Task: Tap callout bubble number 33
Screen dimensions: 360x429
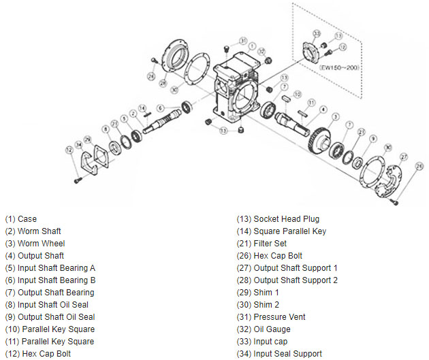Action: pos(317,33)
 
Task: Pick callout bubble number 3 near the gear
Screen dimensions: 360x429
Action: pos(336,116)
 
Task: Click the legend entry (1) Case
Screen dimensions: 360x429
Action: pos(21,219)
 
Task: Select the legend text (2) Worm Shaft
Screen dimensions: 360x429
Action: pos(33,231)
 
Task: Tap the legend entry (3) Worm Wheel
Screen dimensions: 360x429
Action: pos(35,244)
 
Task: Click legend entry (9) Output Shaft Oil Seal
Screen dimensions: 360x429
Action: pos(50,317)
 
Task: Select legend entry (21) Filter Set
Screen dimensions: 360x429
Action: pos(261,244)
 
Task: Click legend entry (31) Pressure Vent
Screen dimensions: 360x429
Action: pos(271,317)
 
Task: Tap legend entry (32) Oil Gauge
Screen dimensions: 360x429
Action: pos(264,329)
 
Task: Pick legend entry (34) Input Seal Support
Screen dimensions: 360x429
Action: pos(279,354)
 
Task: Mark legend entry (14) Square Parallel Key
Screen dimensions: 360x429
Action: pos(281,231)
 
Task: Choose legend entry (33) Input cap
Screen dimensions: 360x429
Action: pos(262,342)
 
